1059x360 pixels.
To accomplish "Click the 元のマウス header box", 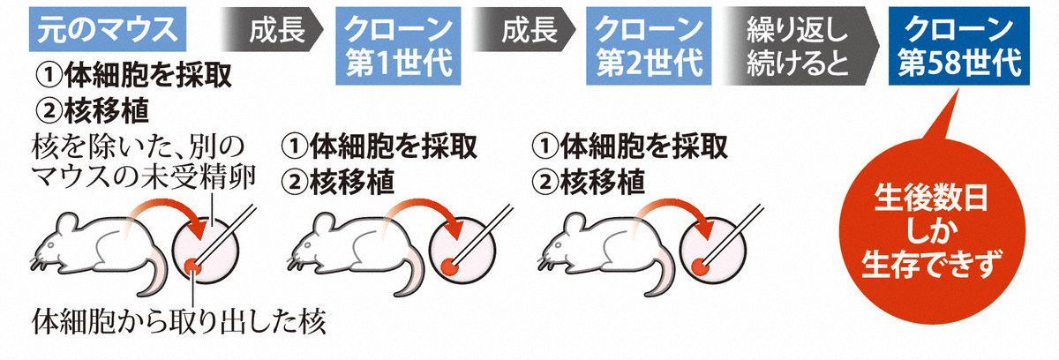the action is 108,29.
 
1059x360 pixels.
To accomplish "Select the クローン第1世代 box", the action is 398,46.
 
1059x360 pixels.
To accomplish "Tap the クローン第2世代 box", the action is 649,46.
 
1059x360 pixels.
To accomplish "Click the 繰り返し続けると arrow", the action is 799,46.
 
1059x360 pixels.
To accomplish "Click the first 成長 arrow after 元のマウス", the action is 272,29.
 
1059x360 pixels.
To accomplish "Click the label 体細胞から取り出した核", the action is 178,323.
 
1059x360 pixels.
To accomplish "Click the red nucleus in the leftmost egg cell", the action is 192,267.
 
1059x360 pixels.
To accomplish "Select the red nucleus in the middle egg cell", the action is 449,268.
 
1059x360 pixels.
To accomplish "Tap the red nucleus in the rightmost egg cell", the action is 700,268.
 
